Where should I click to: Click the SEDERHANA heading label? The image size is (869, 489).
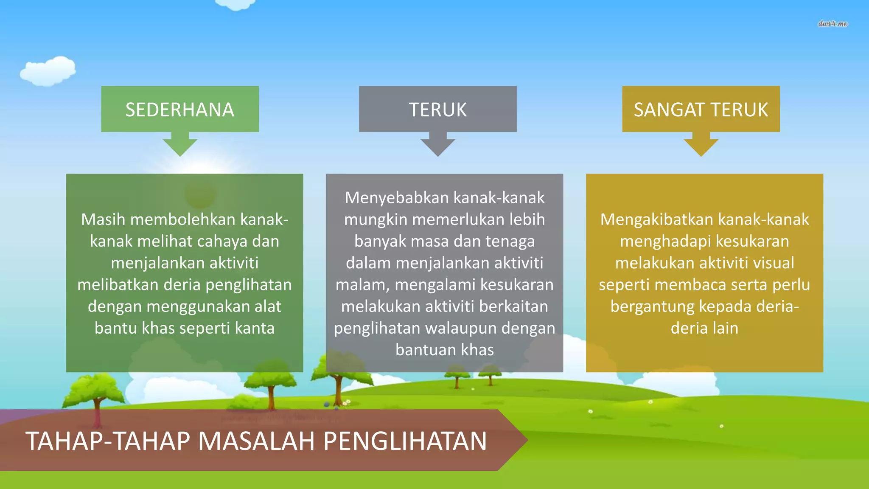[x=179, y=110]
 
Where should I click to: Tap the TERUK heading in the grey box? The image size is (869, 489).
[x=437, y=110]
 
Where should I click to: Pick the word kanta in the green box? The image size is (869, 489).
[x=255, y=328]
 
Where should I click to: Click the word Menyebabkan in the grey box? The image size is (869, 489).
[x=397, y=198]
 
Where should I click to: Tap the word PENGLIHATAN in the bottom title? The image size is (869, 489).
[x=405, y=441]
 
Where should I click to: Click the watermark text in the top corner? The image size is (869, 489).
[x=833, y=24]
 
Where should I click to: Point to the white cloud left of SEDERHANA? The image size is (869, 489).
[x=48, y=71]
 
